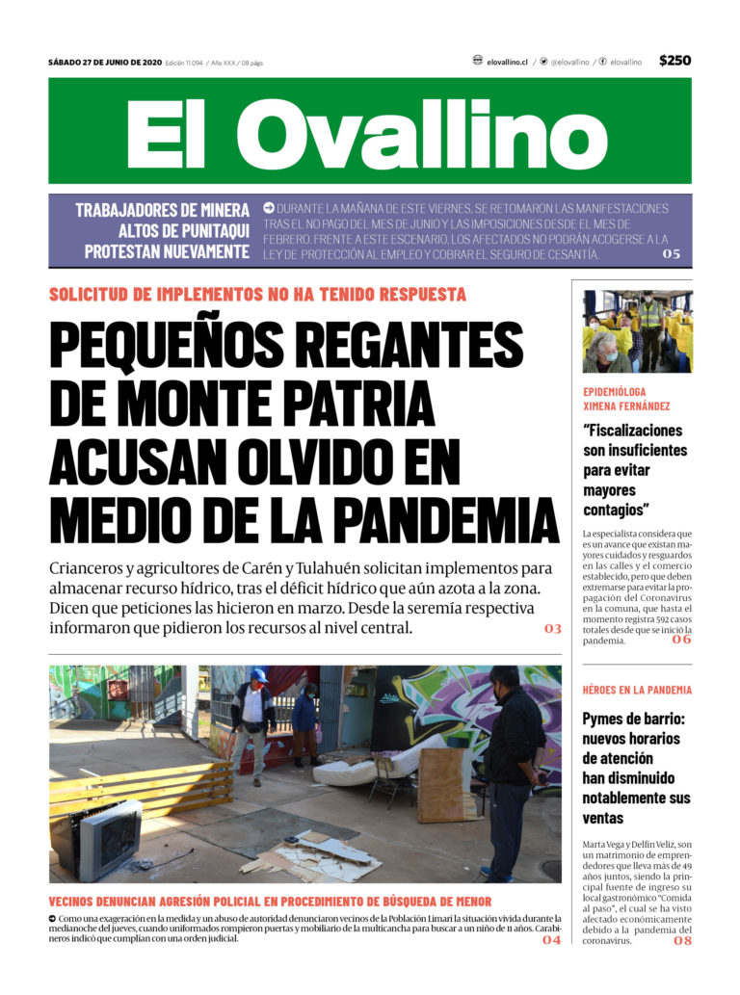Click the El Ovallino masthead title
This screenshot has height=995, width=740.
tap(367, 132)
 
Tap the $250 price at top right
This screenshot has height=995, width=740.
tap(674, 61)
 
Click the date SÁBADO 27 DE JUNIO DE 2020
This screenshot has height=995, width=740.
tap(104, 63)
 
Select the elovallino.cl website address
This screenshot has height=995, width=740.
tap(507, 62)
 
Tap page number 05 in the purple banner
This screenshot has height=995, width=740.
tap(671, 254)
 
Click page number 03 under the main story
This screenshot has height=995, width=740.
tap(552, 629)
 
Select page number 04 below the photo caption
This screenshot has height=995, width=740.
tap(551, 939)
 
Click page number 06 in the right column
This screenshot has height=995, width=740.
tap(681, 640)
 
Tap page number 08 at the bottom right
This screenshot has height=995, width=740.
tap(681, 940)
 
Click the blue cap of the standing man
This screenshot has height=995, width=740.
tap(258, 675)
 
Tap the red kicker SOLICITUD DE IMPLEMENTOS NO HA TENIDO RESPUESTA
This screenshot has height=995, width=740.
tap(257, 295)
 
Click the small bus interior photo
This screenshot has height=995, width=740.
tap(637, 331)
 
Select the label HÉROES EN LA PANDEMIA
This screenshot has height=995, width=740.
tap(637, 690)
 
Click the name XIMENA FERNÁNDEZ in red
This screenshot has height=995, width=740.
tap(626, 406)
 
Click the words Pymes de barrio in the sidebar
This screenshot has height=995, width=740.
tap(630, 719)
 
